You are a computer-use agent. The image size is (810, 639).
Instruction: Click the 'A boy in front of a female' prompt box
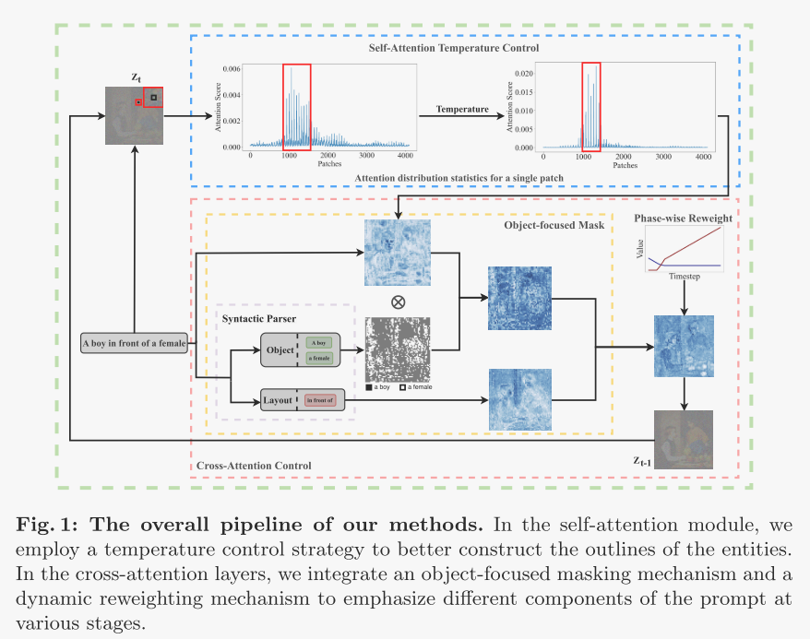click(134, 344)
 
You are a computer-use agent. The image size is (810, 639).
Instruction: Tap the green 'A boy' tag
click(318, 342)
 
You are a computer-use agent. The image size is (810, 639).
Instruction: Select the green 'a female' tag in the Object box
click(318, 358)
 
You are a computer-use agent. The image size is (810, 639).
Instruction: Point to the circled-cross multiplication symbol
click(398, 302)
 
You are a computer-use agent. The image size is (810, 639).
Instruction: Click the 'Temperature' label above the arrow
click(462, 109)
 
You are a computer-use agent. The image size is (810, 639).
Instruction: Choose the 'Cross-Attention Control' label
click(254, 465)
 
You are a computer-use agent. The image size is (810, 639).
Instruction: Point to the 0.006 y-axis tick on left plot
click(233, 70)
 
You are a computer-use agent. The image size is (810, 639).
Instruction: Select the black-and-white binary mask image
click(398, 349)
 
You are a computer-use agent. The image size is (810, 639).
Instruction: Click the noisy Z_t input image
click(135, 115)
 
